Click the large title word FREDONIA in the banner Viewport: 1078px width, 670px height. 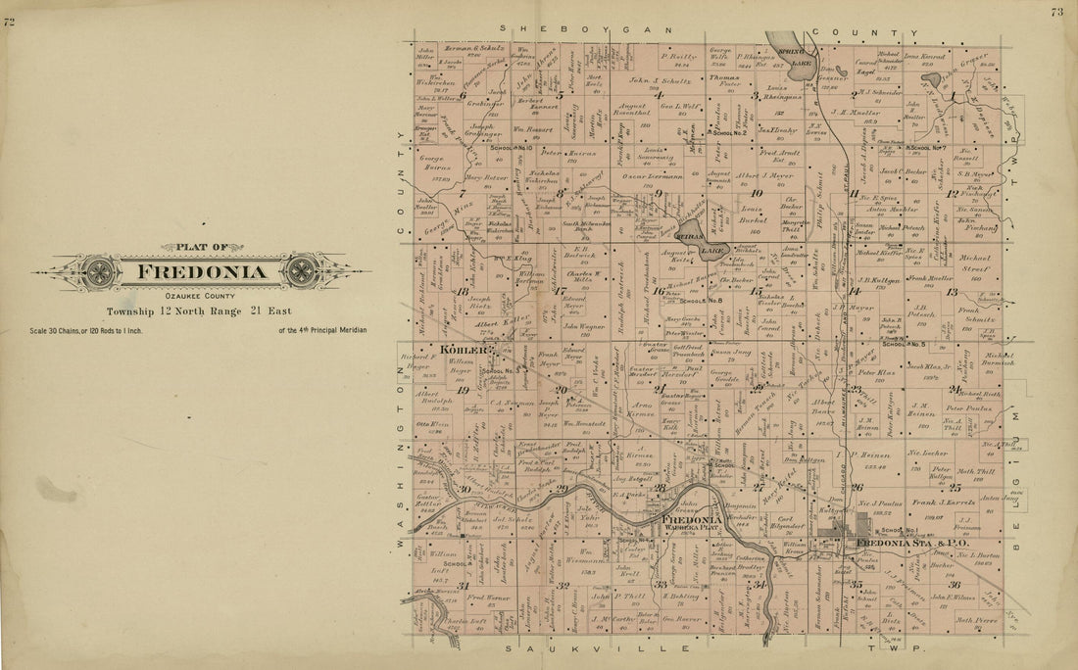click(200, 271)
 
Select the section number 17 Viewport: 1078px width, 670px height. click(560, 291)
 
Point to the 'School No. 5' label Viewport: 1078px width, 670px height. click(903, 344)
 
